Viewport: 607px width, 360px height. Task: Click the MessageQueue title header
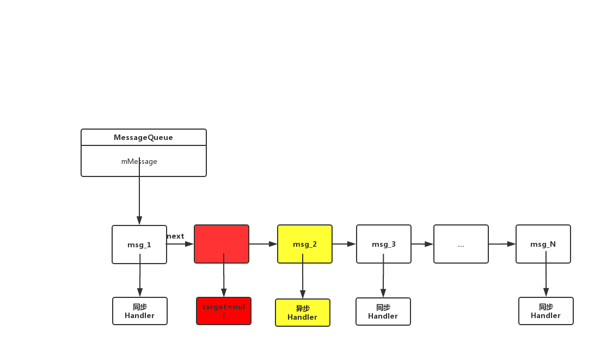tap(143, 137)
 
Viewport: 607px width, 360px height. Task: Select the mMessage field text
tap(139, 161)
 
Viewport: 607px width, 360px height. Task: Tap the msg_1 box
tap(139, 245)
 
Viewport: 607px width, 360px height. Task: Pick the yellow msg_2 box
tap(305, 244)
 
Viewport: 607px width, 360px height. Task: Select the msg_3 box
tap(384, 244)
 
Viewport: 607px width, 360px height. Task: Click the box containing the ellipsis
tap(461, 244)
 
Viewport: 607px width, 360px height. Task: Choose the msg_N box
tap(543, 244)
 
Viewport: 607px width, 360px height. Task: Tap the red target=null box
tap(224, 311)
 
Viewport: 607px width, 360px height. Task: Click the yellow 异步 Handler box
tap(303, 313)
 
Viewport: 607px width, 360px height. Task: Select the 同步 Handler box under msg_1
tap(139, 311)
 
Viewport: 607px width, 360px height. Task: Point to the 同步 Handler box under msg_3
tap(383, 312)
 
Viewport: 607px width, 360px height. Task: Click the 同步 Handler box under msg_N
tap(545, 311)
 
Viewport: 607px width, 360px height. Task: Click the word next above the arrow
tap(176, 236)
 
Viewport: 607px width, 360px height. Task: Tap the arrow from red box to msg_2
tap(263, 245)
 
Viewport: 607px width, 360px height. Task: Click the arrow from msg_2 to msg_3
tap(344, 244)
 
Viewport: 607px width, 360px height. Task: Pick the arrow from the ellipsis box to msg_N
tap(502, 244)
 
